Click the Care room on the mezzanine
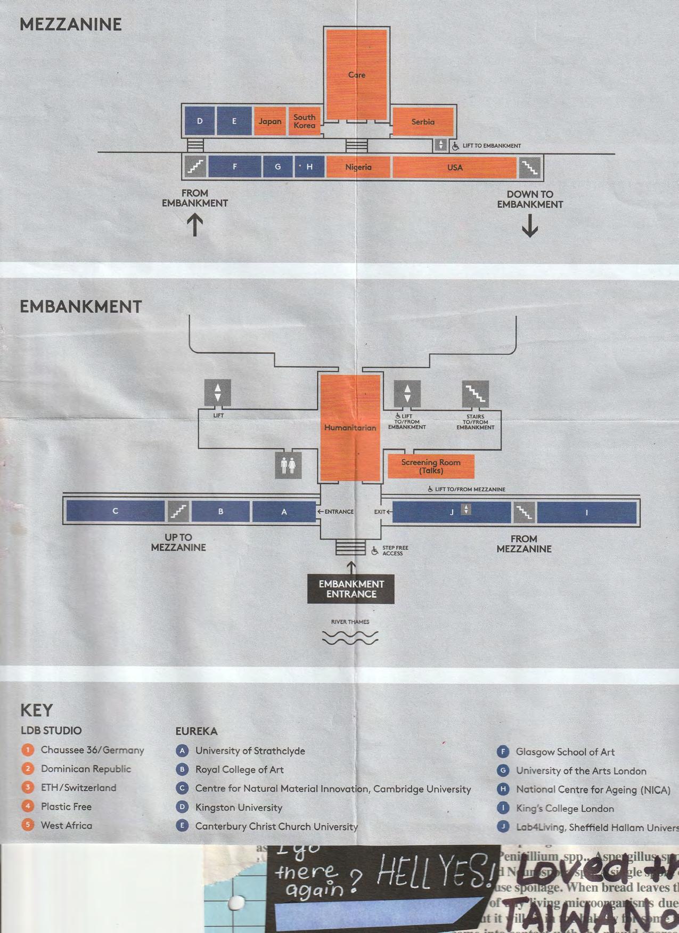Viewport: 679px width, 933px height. pyautogui.click(x=356, y=75)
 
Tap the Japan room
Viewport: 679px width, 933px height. pyautogui.click(x=270, y=121)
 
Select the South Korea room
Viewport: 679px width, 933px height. pyautogui.click(x=304, y=121)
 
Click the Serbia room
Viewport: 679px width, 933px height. pyautogui.click(x=423, y=121)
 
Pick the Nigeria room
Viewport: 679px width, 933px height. pyautogui.click(x=358, y=167)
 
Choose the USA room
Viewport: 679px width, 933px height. pyautogui.click(x=454, y=167)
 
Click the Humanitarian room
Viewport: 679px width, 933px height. pyautogui.click(x=350, y=427)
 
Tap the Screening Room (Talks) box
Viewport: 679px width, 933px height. pyautogui.click(x=431, y=466)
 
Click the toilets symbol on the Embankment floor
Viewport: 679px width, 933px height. pyautogui.click(x=288, y=465)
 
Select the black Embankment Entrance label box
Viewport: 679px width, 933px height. pyautogui.click(x=351, y=589)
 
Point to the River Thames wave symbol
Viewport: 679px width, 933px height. pyautogui.click(x=350, y=637)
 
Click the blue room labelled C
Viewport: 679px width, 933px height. pyautogui.click(x=115, y=511)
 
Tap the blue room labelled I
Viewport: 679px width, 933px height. pyautogui.click(x=586, y=513)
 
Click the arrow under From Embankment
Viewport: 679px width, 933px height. pyautogui.click(x=195, y=224)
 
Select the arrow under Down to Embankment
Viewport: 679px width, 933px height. pyautogui.click(x=530, y=225)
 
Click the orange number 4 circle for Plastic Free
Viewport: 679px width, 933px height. pyautogui.click(x=28, y=806)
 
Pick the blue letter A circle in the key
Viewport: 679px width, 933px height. pyautogui.click(x=182, y=751)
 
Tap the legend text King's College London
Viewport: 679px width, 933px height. pyautogui.click(x=565, y=808)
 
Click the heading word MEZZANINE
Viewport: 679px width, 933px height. pyautogui.click(x=71, y=25)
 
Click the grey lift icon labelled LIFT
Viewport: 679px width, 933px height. pyautogui.click(x=218, y=393)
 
